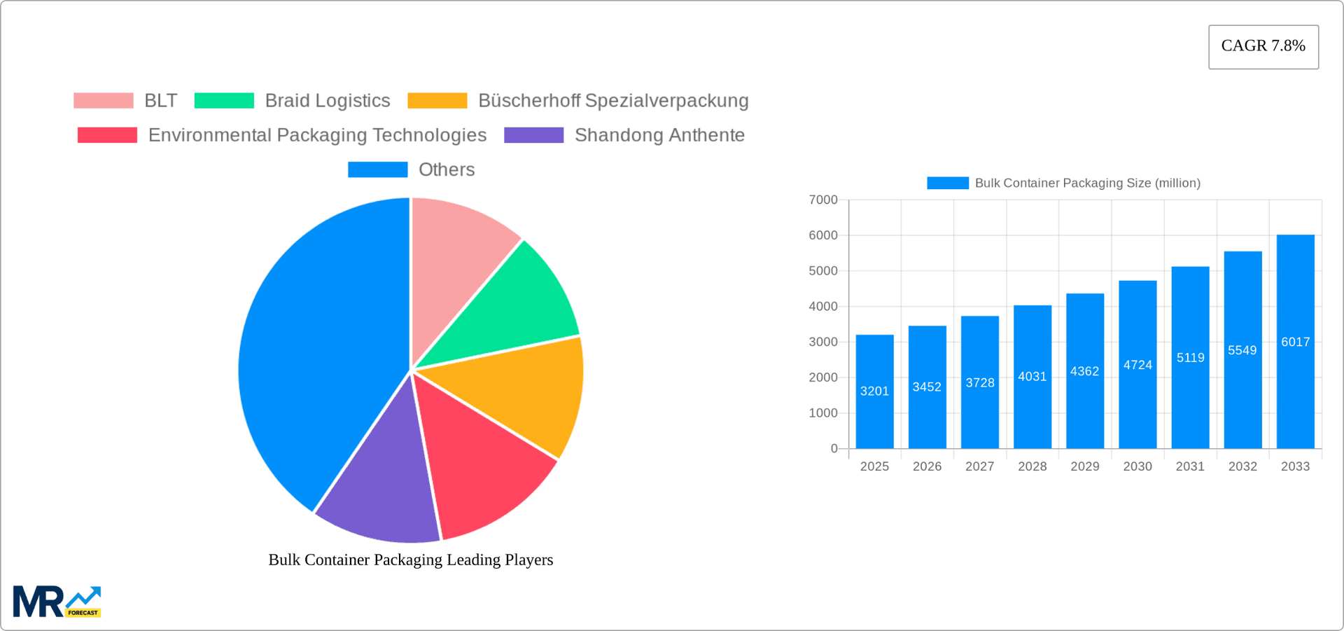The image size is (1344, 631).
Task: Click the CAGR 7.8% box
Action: tap(1263, 46)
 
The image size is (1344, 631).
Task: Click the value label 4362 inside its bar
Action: tap(1084, 371)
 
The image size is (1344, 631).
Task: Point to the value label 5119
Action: tap(1190, 358)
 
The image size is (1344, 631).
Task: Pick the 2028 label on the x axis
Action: tap(1032, 466)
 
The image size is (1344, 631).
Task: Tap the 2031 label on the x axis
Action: tap(1190, 466)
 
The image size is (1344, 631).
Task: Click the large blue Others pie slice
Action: tap(315, 350)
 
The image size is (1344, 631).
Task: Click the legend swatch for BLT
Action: tap(104, 101)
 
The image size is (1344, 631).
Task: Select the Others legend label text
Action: tap(446, 169)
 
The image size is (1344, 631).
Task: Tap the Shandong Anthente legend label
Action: tap(659, 135)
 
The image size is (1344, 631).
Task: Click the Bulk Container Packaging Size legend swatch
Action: tap(947, 183)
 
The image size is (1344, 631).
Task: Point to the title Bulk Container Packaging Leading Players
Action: tap(410, 560)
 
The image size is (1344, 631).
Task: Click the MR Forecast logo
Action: tap(57, 602)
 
